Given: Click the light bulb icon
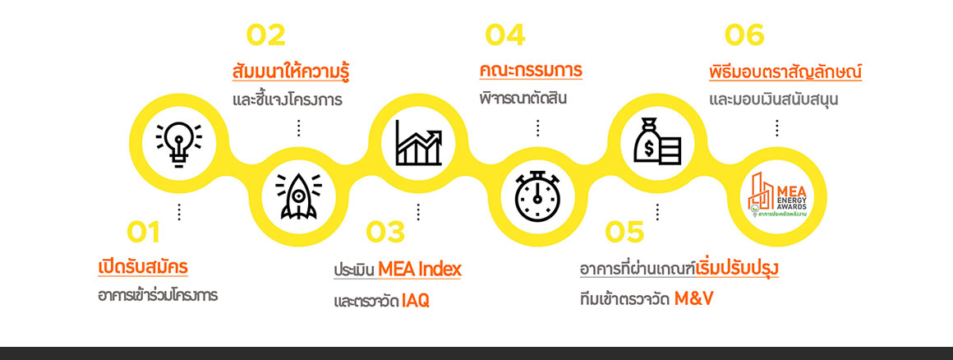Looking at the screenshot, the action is (179, 144).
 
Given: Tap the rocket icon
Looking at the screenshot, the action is (298, 196).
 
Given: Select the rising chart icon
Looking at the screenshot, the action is (418, 143).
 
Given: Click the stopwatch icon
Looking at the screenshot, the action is (537, 196).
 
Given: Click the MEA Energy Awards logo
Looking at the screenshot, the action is (777, 196).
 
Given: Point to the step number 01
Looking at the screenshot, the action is (144, 233).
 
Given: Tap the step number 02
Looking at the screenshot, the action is (265, 35).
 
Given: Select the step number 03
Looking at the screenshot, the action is (385, 233).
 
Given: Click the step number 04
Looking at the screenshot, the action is (505, 35).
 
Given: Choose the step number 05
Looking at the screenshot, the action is (624, 233).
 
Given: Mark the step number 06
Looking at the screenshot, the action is (744, 35).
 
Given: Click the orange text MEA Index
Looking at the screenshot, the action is (419, 269).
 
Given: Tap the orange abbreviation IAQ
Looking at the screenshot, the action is (415, 300).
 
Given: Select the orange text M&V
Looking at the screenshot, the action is (693, 298).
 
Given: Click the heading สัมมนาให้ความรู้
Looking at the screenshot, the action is (291, 71).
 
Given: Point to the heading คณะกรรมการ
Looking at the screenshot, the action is (531, 71).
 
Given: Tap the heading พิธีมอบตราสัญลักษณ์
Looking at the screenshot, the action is (785, 72).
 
